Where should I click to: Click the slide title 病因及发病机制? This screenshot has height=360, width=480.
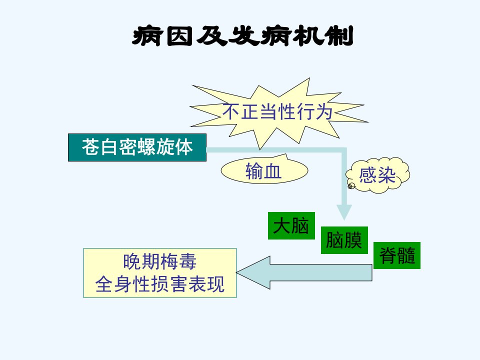click(x=243, y=36)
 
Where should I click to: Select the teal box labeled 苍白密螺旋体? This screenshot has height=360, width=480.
click(x=137, y=147)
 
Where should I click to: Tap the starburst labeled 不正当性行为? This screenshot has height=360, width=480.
click(x=278, y=113)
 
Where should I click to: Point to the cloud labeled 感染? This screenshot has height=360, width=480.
click(x=378, y=175)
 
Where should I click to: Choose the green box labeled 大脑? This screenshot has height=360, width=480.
click(x=291, y=225)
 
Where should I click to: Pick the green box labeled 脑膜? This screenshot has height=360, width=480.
click(x=344, y=240)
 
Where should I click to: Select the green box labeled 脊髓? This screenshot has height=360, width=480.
click(x=397, y=255)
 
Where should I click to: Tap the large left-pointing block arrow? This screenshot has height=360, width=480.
click(x=304, y=272)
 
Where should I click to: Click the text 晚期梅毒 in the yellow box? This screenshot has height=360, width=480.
click(x=159, y=261)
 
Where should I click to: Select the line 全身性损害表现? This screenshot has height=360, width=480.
click(x=160, y=284)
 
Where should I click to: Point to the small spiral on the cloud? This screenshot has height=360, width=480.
click(x=351, y=186)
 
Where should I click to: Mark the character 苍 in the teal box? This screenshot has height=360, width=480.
click(x=91, y=146)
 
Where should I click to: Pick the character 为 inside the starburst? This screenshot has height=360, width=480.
click(x=323, y=111)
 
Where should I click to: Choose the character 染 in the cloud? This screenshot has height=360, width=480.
click(x=386, y=175)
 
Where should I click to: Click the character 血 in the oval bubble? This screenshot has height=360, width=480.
click(x=272, y=171)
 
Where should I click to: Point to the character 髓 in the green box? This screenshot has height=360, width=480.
click(x=406, y=255)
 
